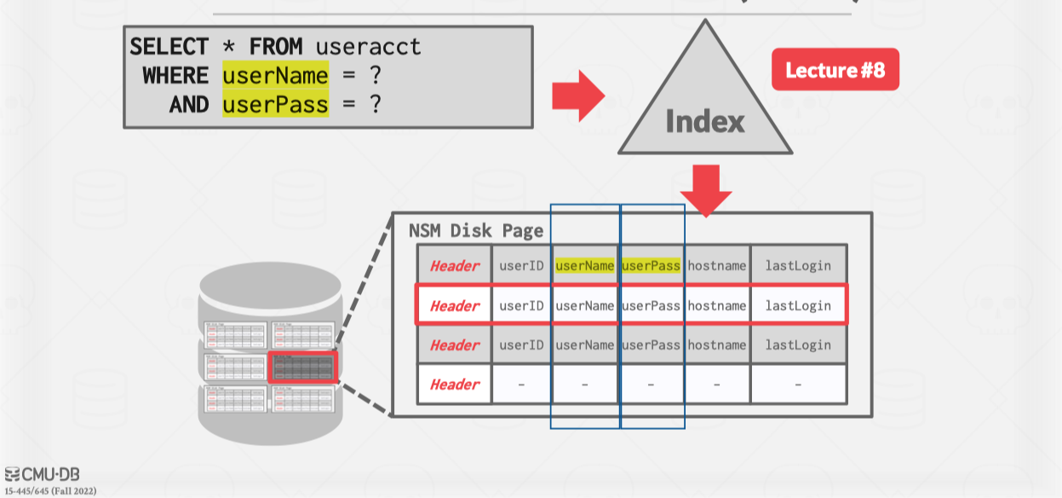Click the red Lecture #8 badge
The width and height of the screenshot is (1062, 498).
coord(835,70)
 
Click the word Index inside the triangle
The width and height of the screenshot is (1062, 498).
coord(704,121)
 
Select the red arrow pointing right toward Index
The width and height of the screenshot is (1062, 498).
coord(577,96)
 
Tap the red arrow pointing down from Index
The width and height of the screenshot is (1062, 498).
coord(705,189)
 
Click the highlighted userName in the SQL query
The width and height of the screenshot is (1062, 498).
coord(275,76)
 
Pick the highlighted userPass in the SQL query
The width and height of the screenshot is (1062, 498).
coord(275,104)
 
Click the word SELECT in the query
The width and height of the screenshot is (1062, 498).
coord(169,47)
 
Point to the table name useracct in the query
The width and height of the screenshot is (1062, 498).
coord(368,47)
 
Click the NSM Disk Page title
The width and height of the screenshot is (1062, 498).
coord(475,230)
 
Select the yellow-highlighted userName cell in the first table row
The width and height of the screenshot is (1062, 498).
coord(584,265)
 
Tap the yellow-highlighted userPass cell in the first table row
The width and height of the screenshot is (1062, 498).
coord(651,265)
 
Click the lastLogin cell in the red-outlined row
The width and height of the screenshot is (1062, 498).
coord(797,305)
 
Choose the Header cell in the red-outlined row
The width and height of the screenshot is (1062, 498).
coord(455,305)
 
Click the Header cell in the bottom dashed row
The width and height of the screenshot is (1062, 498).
coord(455,385)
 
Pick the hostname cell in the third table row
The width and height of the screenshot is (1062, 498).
coord(716,345)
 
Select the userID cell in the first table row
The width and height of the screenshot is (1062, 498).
coord(521,265)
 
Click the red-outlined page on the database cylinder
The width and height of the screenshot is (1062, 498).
coord(302,368)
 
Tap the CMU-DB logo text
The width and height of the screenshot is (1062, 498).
coord(43,474)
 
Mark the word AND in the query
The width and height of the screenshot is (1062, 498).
coord(188,104)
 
